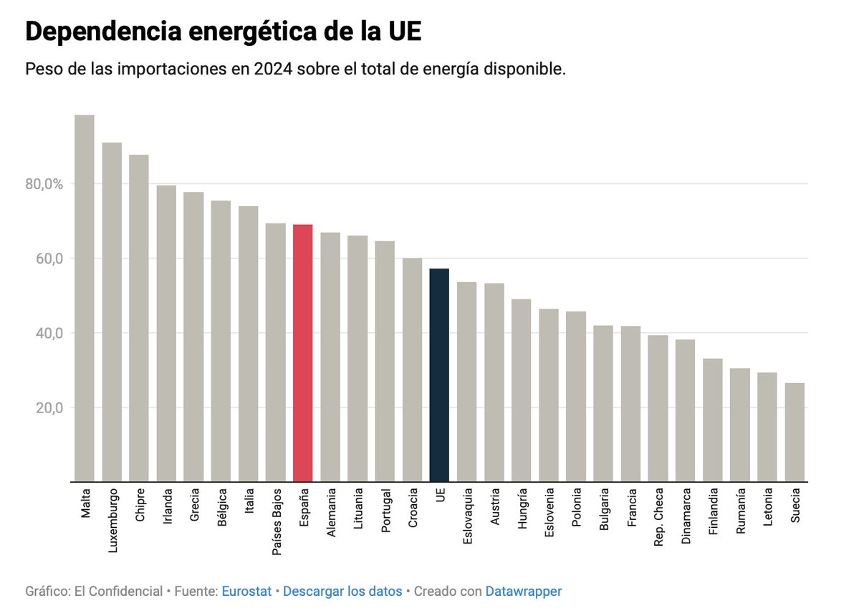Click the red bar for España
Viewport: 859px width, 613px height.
tap(303, 353)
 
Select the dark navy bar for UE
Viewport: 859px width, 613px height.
tap(439, 375)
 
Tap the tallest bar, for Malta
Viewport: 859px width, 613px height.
tap(85, 298)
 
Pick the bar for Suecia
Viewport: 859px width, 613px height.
tap(795, 433)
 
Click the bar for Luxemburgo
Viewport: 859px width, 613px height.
tap(112, 312)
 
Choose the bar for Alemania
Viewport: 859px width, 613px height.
tap(330, 357)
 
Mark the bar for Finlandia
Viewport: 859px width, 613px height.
tap(712, 420)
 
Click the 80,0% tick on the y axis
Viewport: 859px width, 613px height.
tap(44, 184)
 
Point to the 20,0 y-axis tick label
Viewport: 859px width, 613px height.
tap(47, 407)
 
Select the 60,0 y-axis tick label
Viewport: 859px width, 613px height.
tap(47, 259)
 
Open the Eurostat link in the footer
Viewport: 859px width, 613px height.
tap(246, 592)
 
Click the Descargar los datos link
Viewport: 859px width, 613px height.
tap(342, 592)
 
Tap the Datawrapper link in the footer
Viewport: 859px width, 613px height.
tap(523, 592)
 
